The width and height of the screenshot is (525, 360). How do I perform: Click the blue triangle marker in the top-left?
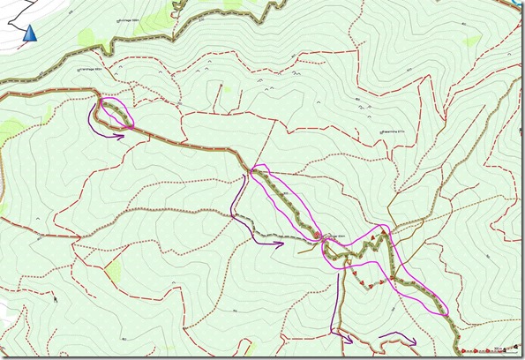tap(30, 34)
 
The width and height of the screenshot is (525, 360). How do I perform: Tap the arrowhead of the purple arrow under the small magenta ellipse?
tap(123, 135)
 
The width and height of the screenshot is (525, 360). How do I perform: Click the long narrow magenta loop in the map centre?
tap(284, 200)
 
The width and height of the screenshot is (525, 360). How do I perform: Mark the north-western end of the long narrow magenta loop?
tap(256, 170)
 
